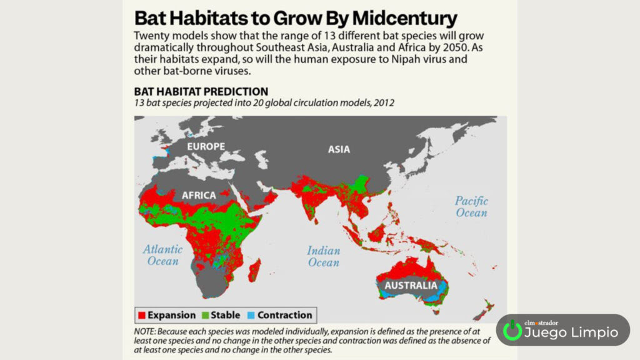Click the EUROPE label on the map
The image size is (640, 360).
[206, 146]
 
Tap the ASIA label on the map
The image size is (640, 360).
[339, 149]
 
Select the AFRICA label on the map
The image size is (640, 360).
[199, 196]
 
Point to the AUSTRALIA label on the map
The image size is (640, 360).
[411, 285]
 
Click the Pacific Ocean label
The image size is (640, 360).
[471, 206]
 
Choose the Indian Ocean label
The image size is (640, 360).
[323, 256]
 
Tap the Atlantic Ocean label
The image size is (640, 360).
[163, 255]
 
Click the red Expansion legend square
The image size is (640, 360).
[142, 315]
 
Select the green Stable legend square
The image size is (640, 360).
[205, 315]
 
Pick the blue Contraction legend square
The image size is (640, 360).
[251, 315]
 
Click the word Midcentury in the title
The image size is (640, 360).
[404, 18]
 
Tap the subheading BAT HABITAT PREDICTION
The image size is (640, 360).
[201, 91]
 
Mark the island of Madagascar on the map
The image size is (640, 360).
[254, 270]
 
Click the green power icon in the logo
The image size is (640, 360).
[512, 330]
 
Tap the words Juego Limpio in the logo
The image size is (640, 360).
[571, 332]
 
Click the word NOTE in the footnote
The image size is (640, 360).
[144, 331]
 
